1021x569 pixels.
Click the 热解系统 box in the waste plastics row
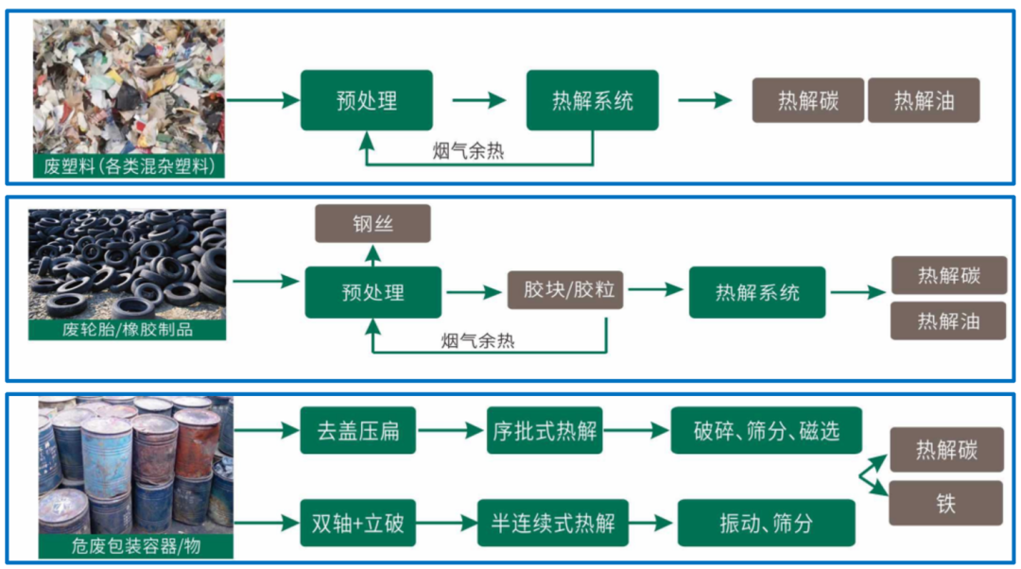tap(593, 100)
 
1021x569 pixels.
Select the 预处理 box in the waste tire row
tap(372, 292)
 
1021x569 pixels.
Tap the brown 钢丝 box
tap(372, 224)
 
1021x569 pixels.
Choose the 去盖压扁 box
tap(358, 431)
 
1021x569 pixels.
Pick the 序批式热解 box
tap(545, 431)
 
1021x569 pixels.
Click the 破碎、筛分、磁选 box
tap(766, 431)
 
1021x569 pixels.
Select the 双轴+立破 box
tap(358, 522)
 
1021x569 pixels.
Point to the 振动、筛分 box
tap(766, 522)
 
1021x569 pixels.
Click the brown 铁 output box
tap(945, 503)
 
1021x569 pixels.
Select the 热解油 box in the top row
tap(924, 100)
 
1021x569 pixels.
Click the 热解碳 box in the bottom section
tap(945, 450)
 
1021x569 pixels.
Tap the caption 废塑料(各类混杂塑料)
tap(130, 167)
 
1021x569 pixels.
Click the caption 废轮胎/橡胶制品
tap(128, 329)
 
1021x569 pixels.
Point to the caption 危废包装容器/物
tap(135, 546)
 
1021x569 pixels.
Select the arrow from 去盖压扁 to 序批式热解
tap(451, 431)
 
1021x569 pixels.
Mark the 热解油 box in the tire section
tap(947, 321)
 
